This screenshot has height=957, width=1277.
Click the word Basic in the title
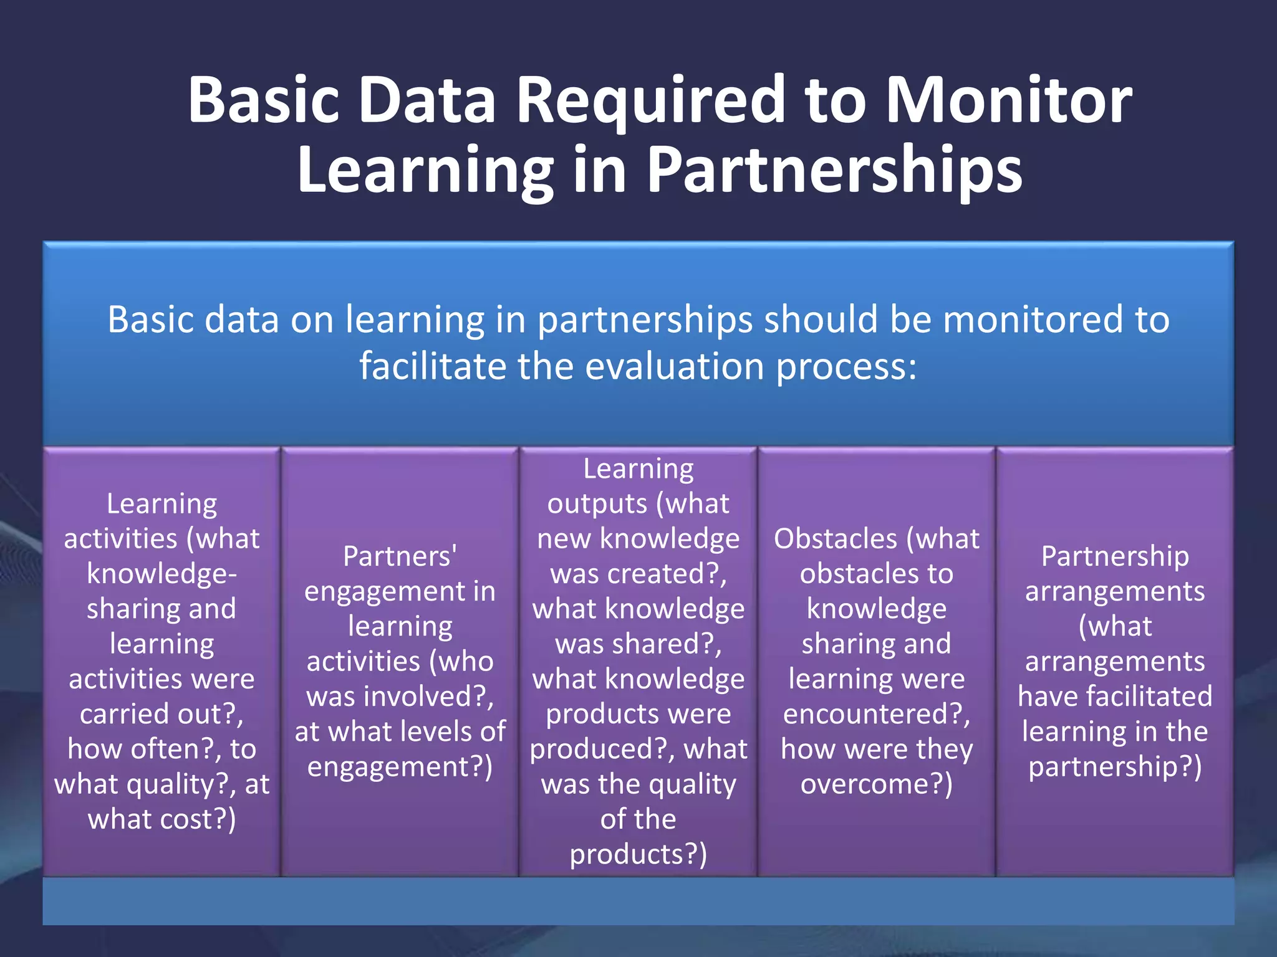click(264, 100)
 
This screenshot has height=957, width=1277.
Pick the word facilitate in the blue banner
click(433, 366)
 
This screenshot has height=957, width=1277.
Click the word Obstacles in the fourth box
click(835, 539)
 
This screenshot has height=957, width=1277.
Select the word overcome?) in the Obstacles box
click(877, 784)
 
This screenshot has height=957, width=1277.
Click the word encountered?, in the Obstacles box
click(877, 714)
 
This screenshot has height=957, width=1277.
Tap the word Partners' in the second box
click(400, 556)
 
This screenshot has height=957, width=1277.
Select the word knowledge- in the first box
click(161, 574)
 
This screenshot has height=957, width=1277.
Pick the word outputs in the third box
click(597, 504)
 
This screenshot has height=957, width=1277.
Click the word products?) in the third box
click(638, 854)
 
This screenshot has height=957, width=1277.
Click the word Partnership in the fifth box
click(1115, 556)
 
